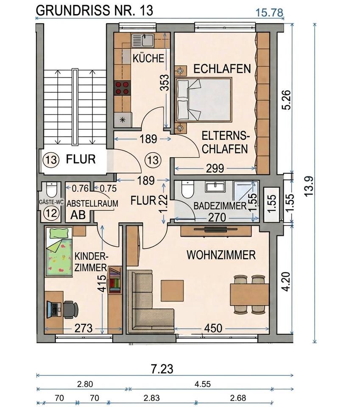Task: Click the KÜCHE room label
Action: coord(148,58)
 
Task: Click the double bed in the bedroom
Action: coord(203,99)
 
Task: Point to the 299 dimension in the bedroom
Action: coord(215,168)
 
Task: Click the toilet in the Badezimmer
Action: coord(187,190)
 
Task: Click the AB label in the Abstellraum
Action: coord(78,215)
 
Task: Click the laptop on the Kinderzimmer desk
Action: coord(53,309)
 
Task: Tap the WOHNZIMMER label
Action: coord(221,255)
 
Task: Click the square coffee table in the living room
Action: coord(172,290)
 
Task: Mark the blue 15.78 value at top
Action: coord(269,12)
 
